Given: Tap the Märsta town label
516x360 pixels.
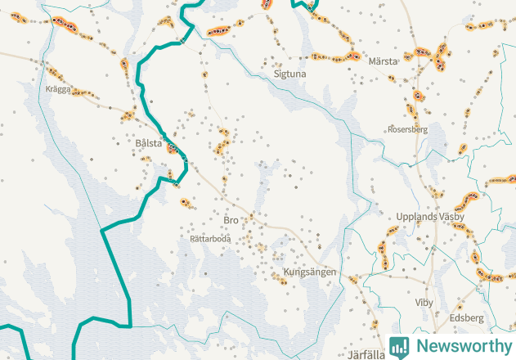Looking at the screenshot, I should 383,61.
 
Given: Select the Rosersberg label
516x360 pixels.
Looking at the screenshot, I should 407,129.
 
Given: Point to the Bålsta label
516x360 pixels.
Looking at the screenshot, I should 150,142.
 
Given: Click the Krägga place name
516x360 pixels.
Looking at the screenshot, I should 59,88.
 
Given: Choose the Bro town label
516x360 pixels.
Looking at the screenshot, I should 231,221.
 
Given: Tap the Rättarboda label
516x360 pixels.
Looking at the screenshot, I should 210,239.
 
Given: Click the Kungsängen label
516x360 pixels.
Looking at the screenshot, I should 310,272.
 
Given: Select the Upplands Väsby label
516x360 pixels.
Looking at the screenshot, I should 429,217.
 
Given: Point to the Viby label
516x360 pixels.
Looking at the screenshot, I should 424,303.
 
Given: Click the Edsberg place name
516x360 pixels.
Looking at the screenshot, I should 467,317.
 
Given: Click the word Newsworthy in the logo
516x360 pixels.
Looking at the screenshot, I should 462,345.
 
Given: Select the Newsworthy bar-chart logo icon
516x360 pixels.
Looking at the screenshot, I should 399,346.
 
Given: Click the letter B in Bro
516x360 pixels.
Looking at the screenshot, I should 226,221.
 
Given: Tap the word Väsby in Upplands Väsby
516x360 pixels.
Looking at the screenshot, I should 451,217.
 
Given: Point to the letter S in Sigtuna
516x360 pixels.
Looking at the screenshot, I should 276,74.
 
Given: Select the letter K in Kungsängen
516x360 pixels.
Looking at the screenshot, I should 286,272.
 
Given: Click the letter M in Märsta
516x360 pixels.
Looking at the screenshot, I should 372,61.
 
